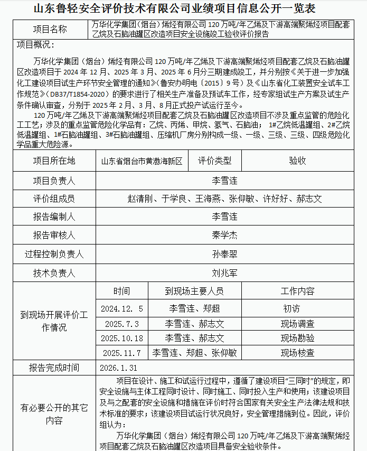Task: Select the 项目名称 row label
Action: [x=50, y=29]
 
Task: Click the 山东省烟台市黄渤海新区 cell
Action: [x=142, y=161]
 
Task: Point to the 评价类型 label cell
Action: [x=214, y=161]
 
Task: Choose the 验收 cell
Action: [x=297, y=161]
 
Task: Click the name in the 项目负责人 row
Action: [x=224, y=180]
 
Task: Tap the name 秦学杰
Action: [x=224, y=235]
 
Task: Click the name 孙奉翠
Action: [x=224, y=253]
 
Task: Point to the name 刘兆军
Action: [x=224, y=273]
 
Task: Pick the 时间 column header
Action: [x=121, y=291]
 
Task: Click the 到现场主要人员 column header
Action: [x=194, y=291]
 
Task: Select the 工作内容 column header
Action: [x=297, y=291]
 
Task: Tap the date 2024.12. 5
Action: [x=122, y=308]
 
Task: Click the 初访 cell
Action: [x=291, y=308]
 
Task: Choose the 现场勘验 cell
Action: [x=297, y=338]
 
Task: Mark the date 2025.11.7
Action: [x=122, y=353]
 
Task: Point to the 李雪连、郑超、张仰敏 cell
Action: [x=194, y=353]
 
